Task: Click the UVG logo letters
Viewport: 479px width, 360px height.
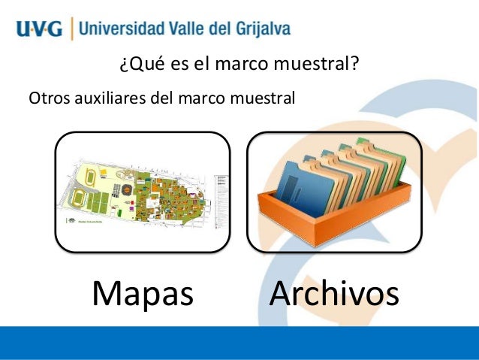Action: (x=38, y=31)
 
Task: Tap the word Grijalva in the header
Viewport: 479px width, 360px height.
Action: (x=260, y=30)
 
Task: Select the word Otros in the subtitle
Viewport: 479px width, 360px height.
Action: (x=46, y=98)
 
